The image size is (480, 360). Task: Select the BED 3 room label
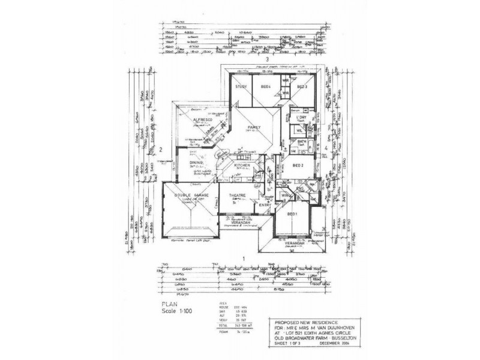coord(302,87)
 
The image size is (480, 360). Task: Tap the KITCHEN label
coord(242,164)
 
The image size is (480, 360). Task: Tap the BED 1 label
coord(293,214)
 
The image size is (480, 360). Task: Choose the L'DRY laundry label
coord(310,117)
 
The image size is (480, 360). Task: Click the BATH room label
coord(302,142)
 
